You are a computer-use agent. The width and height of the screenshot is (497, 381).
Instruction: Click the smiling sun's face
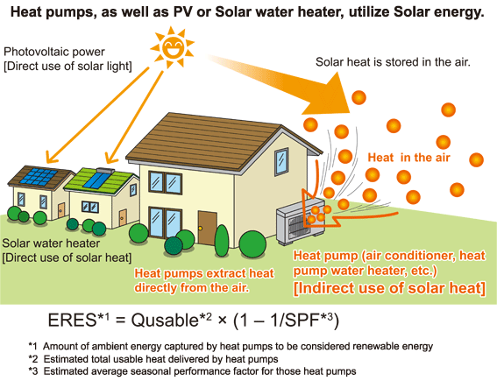tap(173, 47)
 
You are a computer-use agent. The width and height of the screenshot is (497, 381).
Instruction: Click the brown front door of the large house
tap(207, 228)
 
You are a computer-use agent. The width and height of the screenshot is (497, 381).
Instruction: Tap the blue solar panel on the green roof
tap(96, 180)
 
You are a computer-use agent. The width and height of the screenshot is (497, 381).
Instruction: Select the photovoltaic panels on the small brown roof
tap(39, 177)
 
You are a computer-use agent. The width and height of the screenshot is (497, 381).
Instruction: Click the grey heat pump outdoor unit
tap(300, 221)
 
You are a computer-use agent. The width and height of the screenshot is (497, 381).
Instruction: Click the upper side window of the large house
tap(281, 161)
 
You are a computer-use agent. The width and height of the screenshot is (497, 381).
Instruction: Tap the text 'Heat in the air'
tap(408, 158)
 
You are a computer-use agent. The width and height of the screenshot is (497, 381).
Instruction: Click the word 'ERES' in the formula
tap(72, 321)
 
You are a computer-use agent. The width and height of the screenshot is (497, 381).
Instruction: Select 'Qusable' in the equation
tap(165, 321)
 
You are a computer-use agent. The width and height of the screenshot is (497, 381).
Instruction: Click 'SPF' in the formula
tap(302, 321)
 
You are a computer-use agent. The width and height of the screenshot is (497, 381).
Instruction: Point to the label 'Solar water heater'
tap(51, 243)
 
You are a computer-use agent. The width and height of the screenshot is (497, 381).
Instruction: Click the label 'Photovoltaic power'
tap(54, 52)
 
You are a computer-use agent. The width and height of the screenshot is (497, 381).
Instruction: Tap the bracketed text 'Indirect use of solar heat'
tap(389, 288)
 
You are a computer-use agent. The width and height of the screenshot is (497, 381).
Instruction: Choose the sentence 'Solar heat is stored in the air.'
tap(393, 62)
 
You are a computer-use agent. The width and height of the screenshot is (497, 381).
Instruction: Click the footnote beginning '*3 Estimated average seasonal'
tap(192, 370)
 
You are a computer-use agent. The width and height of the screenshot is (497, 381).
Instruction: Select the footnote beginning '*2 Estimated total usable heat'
tap(153, 359)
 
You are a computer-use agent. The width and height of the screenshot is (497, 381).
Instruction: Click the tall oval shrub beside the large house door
tap(222, 241)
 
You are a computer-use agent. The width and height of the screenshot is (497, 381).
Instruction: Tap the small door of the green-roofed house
tap(123, 217)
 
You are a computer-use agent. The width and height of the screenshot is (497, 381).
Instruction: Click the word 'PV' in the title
tap(183, 12)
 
